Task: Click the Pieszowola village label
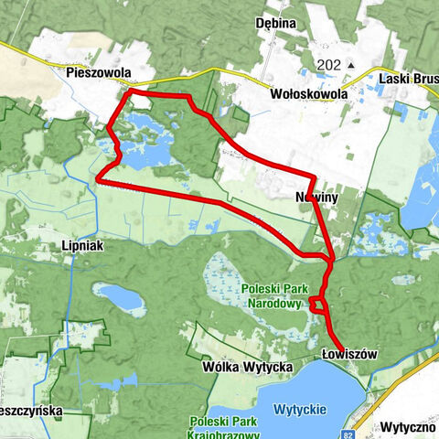click(x=99, y=72)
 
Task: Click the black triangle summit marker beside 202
click(x=349, y=66)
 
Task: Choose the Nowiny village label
click(x=317, y=198)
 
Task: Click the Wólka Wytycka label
click(x=246, y=367)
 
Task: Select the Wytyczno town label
click(x=408, y=427)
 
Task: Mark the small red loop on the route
click(x=317, y=304)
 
